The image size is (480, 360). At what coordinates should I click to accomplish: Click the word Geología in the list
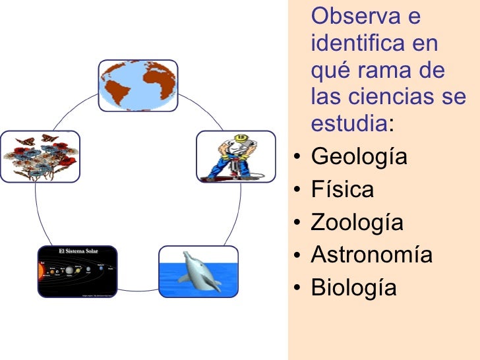359,158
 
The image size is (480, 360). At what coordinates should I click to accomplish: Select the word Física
342,190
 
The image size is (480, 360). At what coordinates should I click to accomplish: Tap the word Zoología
357,222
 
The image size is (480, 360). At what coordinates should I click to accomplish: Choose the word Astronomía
371,255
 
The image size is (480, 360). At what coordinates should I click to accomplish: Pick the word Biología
353,287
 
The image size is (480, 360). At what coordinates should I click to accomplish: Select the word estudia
348,124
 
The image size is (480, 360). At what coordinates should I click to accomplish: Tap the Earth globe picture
138,86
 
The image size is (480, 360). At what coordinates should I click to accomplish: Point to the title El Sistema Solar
78,251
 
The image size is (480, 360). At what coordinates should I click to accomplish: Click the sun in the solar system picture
43,272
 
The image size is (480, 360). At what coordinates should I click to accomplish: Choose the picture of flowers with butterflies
40,156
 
